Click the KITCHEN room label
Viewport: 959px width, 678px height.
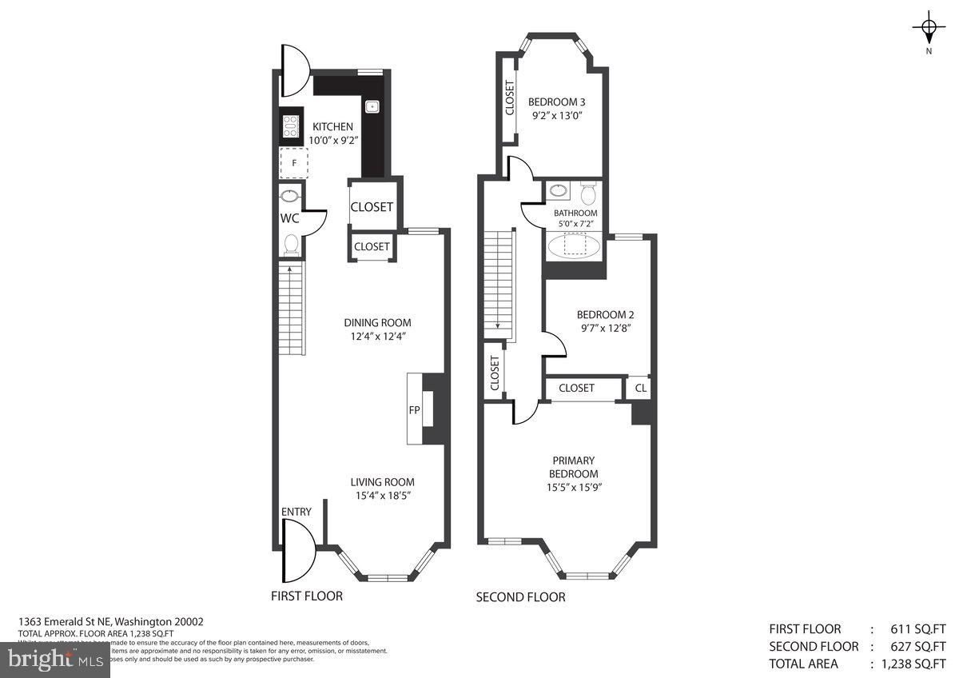pyautogui.click(x=332, y=126)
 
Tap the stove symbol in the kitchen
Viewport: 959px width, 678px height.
pyautogui.click(x=290, y=127)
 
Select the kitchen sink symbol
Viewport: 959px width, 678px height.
pyautogui.click(x=372, y=106)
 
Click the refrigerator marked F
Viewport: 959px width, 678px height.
pyautogui.click(x=293, y=163)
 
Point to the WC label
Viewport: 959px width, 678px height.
pyautogui.click(x=289, y=218)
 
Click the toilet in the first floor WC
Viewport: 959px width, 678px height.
pyautogui.click(x=291, y=242)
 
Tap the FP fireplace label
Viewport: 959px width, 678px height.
pyautogui.click(x=415, y=409)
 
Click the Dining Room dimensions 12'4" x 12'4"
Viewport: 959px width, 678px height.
pyautogui.click(x=378, y=336)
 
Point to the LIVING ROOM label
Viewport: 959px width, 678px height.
pyautogui.click(x=383, y=482)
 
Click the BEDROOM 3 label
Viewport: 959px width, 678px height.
pyautogui.click(x=557, y=102)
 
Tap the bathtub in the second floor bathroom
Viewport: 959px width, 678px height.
pyautogui.click(x=574, y=246)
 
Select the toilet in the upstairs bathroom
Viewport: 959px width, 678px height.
pyautogui.click(x=588, y=194)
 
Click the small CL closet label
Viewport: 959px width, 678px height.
pyautogui.click(x=640, y=388)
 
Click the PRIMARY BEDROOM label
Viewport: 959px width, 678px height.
pyautogui.click(x=573, y=467)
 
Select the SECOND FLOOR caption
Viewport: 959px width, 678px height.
pyautogui.click(x=520, y=597)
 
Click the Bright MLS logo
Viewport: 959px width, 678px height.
pyautogui.click(x=54, y=660)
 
